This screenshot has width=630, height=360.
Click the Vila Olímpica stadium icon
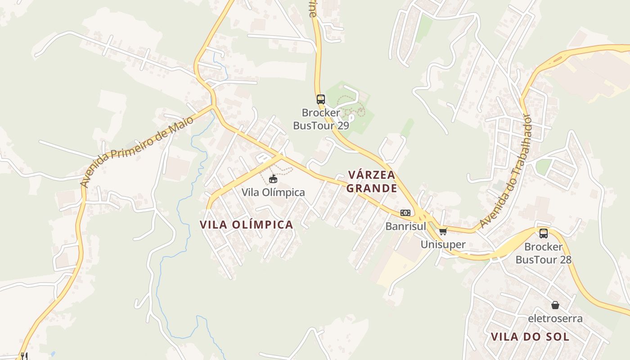(x=273, y=179)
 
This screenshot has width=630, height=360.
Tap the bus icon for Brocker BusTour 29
(x=320, y=99)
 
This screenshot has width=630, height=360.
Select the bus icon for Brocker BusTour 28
(x=543, y=233)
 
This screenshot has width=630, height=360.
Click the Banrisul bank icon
(x=405, y=213)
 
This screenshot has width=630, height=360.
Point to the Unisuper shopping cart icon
(x=443, y=231)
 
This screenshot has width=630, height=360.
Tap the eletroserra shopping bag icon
(x=555, y=305)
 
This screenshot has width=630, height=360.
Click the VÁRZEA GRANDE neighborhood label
(x=372, y=181)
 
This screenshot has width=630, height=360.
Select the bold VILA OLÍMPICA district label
(x=246, y=225)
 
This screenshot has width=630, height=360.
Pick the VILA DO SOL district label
(x=530, y=337)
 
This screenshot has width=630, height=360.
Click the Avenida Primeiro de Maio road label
(x=137, y=151)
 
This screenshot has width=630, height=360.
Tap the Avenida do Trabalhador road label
(x=505, y=171)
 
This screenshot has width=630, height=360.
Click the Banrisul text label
(x=405, y=226)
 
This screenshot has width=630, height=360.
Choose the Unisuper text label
(x=443, y=244)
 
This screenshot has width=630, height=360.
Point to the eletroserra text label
(x=555, y=319)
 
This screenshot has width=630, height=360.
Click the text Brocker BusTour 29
(x=320, y=119)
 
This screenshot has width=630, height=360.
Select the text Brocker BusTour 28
(x=543, y=253)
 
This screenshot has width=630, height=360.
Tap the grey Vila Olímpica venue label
(x=273, y=192)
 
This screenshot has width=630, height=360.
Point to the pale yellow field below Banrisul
(x=396, y=268)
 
